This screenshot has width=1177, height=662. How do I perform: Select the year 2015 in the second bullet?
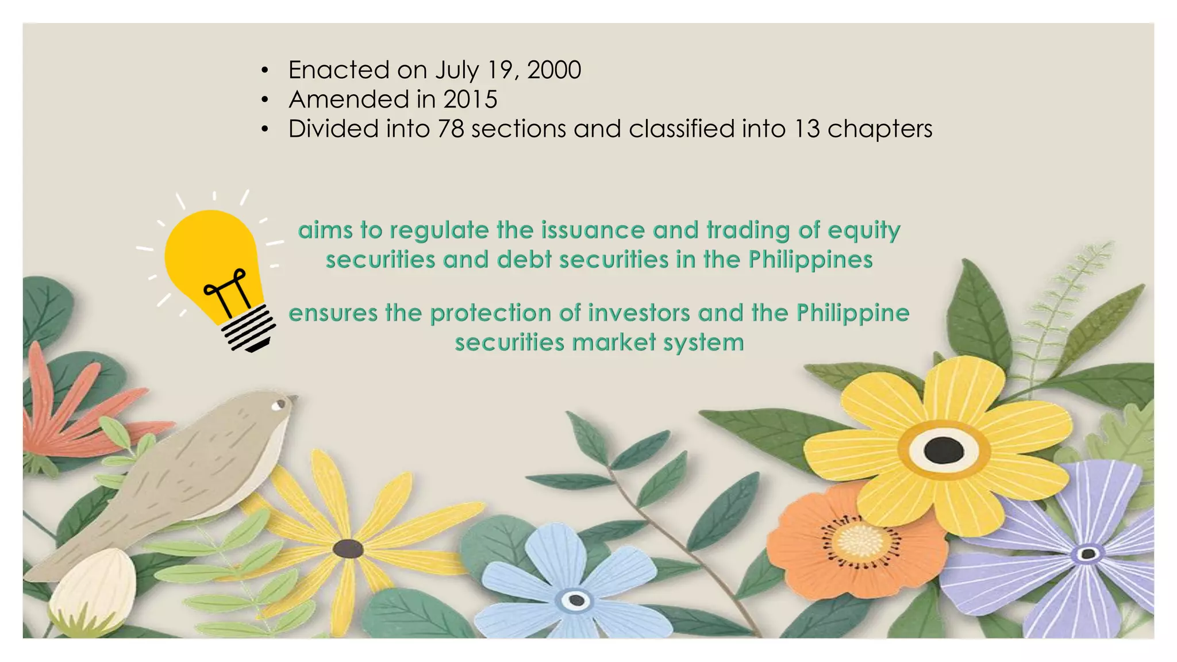pos(470,99)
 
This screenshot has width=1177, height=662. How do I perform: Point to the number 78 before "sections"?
pos(451,129)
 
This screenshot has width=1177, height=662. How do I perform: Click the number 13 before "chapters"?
pos(807,129)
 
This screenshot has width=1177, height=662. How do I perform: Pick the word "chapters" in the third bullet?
pos(880,129)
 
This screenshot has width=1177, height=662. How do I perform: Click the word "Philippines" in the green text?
pos(810,260)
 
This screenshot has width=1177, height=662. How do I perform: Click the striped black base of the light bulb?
pos(249,329)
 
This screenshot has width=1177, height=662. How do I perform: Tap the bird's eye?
pos(279,405)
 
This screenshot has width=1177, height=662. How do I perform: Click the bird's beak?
pos(293,398)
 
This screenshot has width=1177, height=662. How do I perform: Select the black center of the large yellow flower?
pos(944,449)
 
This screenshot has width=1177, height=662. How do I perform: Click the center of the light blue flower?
pos(576,601)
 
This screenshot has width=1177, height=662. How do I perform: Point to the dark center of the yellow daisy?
pos(348,549)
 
